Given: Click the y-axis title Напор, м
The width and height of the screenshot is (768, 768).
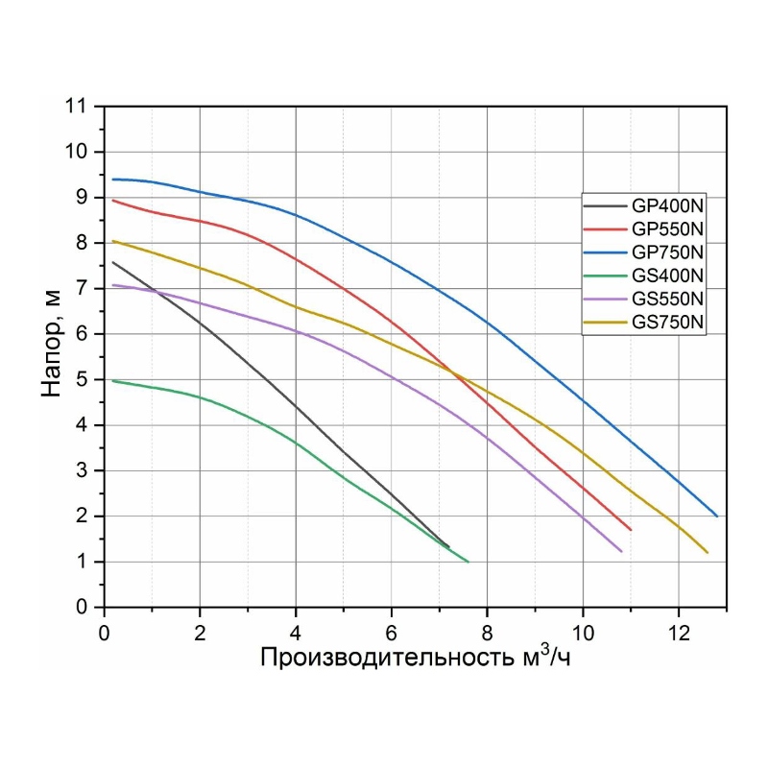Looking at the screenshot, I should click(x=55, y=342).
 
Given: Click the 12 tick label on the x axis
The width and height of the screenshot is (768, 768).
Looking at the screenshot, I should click(x=679, y=634).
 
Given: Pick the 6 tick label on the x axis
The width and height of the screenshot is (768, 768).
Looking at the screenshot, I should click(x=392, y=634).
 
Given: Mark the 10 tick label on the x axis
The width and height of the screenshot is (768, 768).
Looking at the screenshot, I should click(x=583, y=634).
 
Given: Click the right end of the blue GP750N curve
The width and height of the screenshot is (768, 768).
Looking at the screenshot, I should click(x=717, y=516).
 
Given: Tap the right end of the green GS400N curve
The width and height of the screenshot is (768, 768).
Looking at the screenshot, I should click(x=468, y=562).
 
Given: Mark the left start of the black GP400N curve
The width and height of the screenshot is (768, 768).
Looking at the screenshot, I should click(x=113, y=262).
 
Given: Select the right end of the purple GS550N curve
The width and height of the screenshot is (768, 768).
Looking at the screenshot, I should click(x=622, y=552).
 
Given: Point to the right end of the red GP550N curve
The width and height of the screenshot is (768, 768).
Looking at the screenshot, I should click(x=631, y=530).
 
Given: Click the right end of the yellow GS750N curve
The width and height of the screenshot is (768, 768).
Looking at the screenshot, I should click(x=708, y=553).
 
